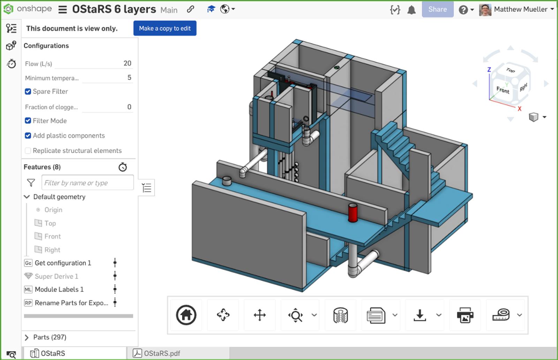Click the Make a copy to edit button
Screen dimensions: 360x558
coord(165,28)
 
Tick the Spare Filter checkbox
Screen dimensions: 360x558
coord(28,91)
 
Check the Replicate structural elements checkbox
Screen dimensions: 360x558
coord(28,151)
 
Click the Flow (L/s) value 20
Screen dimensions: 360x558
coord(127,63)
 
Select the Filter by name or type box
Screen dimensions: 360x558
coord(87,183)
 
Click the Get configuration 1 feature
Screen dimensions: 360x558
coord(63,263)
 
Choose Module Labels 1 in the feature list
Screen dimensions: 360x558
coord(59,290)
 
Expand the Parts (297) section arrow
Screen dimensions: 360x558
coord(27,337)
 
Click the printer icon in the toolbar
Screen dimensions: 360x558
coord(465,315)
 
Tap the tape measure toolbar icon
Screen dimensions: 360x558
coord(501,315)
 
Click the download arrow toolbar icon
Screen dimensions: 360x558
coord(420,315)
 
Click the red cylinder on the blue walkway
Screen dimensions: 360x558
coord(353,213)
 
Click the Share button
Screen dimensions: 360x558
coord(437,9)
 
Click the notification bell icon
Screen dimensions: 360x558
coord(412,10)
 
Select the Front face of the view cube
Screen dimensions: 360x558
coord(503,90)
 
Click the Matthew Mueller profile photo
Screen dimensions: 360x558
coord(485,9)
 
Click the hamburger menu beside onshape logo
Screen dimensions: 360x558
coord(62,9)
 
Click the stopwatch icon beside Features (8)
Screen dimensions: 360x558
coord(122,167)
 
